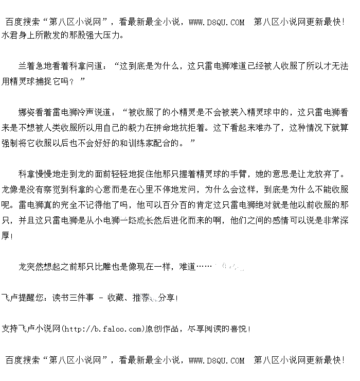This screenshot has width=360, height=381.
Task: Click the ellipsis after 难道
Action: pyautogui.click(x=204, y=267)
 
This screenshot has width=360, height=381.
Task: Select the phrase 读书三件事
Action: pyautogui.click(x=73, y=298)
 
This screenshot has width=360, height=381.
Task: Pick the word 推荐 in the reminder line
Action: pyautogui.click(x=141, y=298)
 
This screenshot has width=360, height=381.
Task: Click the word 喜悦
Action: pyautogui.click(x=239, y=328)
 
